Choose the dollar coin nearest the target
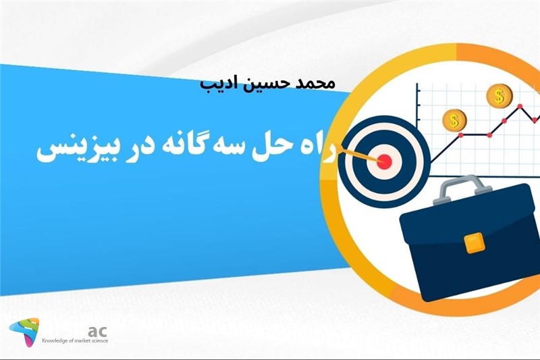tap(454, 122)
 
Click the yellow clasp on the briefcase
tap(476, 241)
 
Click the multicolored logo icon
tap(24, 332)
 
